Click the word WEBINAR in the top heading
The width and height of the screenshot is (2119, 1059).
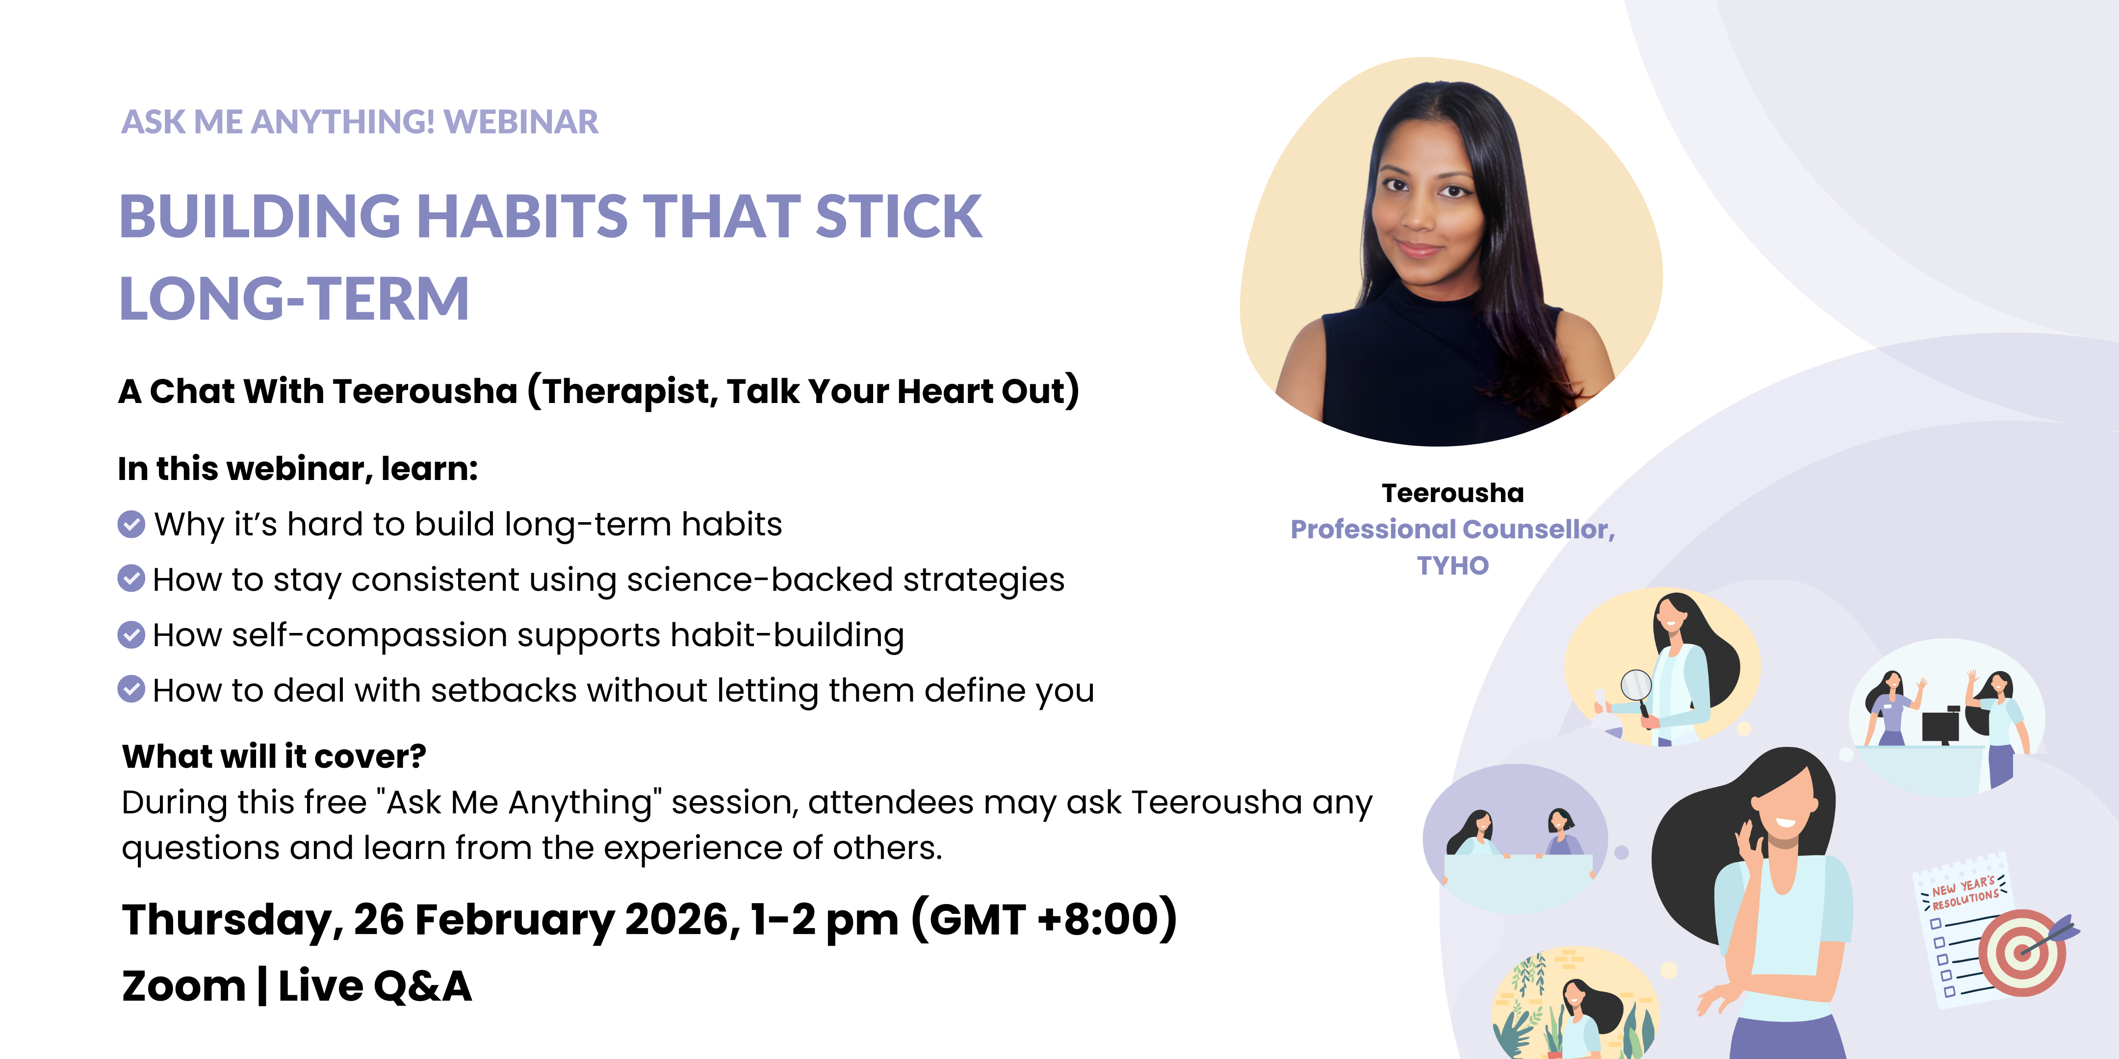click(x=521, y=122)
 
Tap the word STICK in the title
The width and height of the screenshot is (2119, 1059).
click(x=898, y=216)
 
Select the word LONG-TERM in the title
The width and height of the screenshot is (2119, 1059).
click(x=294, y=299)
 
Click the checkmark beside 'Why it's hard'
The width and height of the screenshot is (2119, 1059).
click(x=131, y=524)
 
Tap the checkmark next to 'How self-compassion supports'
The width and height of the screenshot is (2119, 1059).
click(x=131, y=635)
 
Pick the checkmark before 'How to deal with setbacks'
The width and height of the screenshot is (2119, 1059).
click(x=131, y=690)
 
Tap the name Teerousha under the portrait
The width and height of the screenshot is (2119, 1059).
click(x=1453, y=493)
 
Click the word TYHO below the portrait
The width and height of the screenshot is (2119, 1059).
click(x=1453, y=566)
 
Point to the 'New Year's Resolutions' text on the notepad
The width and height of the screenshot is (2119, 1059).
click(x=1964, y=893)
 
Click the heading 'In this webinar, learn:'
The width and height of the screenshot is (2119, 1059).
click(x=298, y=469)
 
